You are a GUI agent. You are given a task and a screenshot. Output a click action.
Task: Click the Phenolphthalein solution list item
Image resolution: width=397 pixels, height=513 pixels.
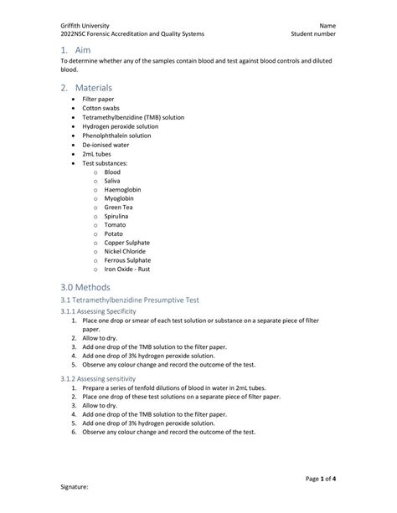coord(116,135)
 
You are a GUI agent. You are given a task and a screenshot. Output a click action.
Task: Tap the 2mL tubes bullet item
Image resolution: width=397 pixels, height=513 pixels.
coord(96,153)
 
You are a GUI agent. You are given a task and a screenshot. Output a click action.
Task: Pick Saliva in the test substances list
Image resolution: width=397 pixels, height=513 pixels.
coord(112,180)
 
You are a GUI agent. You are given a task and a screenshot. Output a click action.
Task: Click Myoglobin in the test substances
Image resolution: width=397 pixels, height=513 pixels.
coord(119,198)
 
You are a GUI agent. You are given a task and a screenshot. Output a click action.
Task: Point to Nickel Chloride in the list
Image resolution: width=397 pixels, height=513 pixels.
coord(125,251)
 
